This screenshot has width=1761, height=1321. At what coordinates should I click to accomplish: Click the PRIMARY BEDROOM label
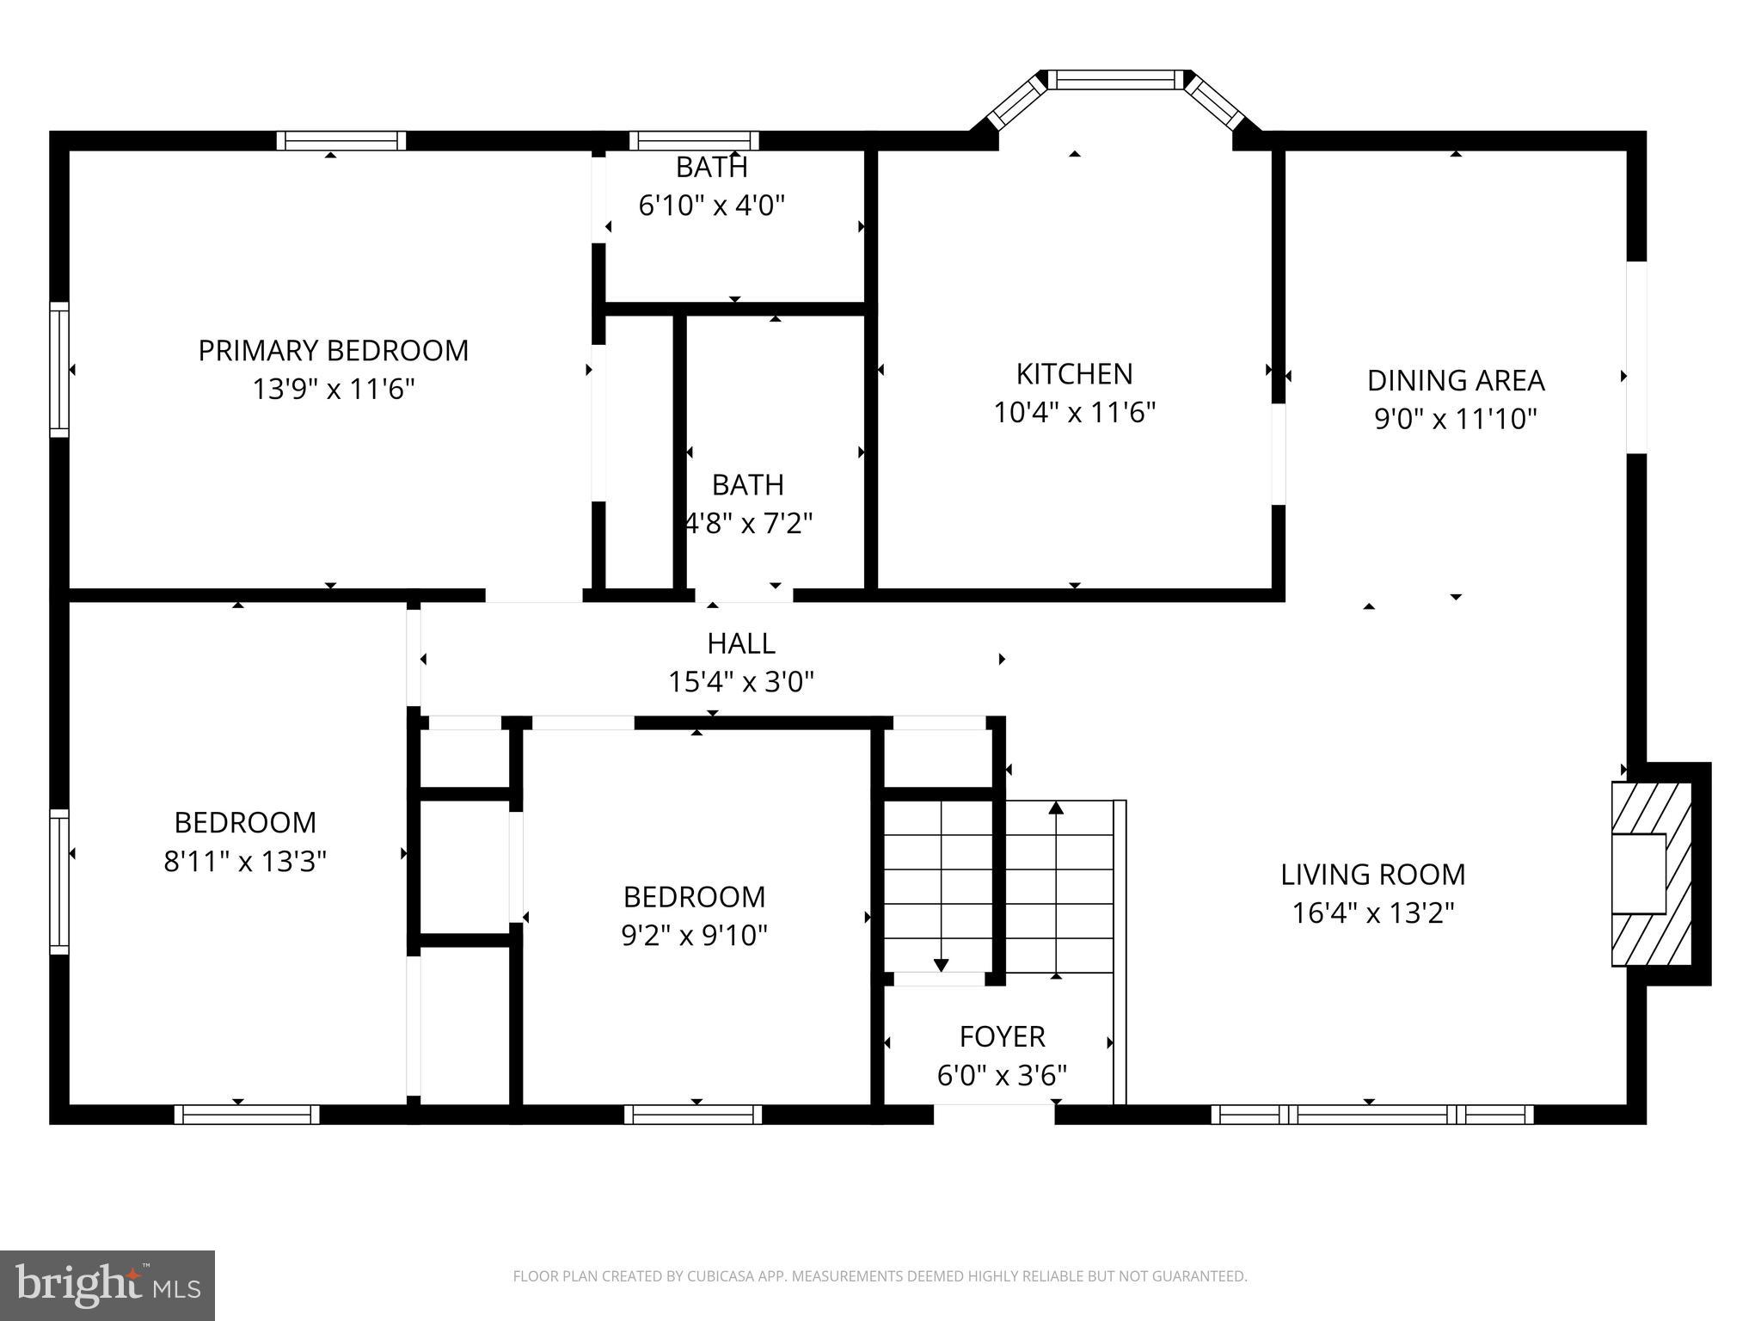[x=333, y=351]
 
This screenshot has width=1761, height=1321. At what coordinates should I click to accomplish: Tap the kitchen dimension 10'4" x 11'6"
[x=1074, y=414]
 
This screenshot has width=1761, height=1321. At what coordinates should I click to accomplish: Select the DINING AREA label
[x=1455, y=380]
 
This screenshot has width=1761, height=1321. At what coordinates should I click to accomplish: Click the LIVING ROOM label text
[x=1372, y=875]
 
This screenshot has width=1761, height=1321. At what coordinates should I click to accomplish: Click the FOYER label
[x=1002, y=1037]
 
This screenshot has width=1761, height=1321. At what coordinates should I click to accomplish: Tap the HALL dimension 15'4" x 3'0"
[x=740, y=683]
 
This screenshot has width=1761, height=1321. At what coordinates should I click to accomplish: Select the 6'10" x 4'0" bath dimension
[x=711, y=206]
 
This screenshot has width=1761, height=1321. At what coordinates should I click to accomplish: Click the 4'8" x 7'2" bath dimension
[x=748, y=523]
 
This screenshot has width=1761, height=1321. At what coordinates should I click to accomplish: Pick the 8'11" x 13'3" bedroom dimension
[x=245, y=862]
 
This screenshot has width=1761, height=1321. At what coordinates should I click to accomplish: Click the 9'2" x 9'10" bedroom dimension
[x=694, y=936]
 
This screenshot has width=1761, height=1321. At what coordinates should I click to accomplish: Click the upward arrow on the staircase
[x=1056, y=808]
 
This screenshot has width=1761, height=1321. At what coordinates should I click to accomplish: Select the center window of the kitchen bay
[x=1115, y=80]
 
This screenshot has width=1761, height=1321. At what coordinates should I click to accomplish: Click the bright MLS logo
[x=107, y=1285]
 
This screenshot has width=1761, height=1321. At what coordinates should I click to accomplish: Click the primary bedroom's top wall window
[x=341, y=141]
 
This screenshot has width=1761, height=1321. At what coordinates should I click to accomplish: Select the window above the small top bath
[x=694, y=141]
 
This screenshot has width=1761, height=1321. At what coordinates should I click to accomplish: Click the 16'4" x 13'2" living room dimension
[x=1372, y=913]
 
